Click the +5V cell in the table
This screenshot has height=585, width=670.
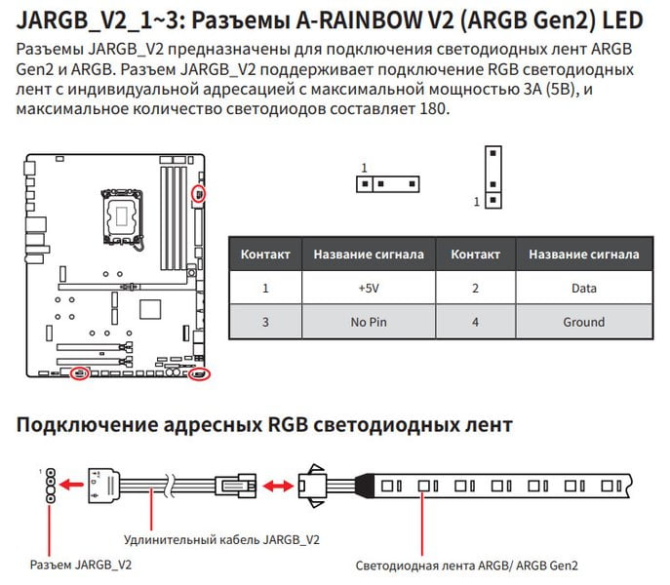tap(369, 288)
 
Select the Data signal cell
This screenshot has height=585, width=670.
tap(584, 288)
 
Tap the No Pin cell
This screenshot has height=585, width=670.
tap(369, 322)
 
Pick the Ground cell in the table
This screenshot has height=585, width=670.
tap(584, 322)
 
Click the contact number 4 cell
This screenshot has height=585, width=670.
tap(475, 322)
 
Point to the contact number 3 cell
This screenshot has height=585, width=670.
tap(265, 322)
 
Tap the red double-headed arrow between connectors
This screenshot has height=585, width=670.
tap(278, 486)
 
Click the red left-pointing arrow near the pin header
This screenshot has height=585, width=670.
tap(71, 485)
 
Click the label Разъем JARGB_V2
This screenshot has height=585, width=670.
tap(81, 565)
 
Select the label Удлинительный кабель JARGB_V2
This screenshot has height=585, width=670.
tap(221, 540)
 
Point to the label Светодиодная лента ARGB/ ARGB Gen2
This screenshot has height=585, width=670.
tap(466, 565)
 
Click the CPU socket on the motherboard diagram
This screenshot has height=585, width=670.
tap(122, 216)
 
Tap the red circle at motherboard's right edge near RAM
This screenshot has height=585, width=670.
tap(199, 194)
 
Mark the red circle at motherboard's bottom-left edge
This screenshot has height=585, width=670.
tap(80, 373)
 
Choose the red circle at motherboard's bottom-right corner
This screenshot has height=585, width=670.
tap(200, 374)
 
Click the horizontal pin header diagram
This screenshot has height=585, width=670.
tap(388, 184)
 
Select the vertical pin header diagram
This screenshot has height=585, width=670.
tap(493, 177)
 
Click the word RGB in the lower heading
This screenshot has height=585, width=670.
tap(288, 425)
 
